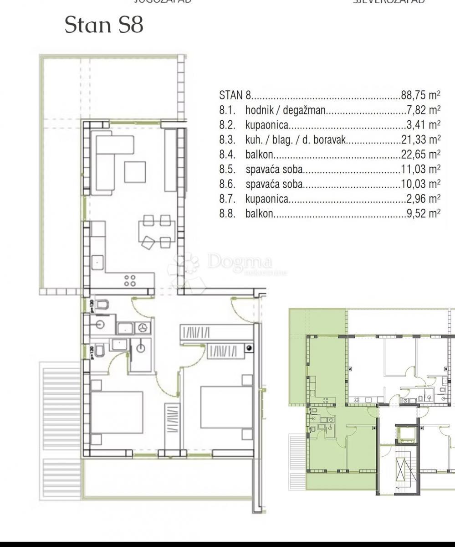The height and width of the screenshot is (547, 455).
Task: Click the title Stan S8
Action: pyautogui.click(x=104, y=25)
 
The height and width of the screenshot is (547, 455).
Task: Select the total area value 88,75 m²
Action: pyautogui.click(x=420, y=96)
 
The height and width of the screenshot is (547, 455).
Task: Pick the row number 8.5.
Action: pyautogui.click(x=227, y=170)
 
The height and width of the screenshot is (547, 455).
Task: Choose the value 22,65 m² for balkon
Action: pyautogui.click(x=420, y=155)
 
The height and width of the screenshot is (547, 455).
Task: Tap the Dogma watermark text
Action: pyautogui.click(x=240, y=262)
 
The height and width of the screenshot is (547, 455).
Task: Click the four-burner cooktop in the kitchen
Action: pyautogui.click(x=130, y=280)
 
